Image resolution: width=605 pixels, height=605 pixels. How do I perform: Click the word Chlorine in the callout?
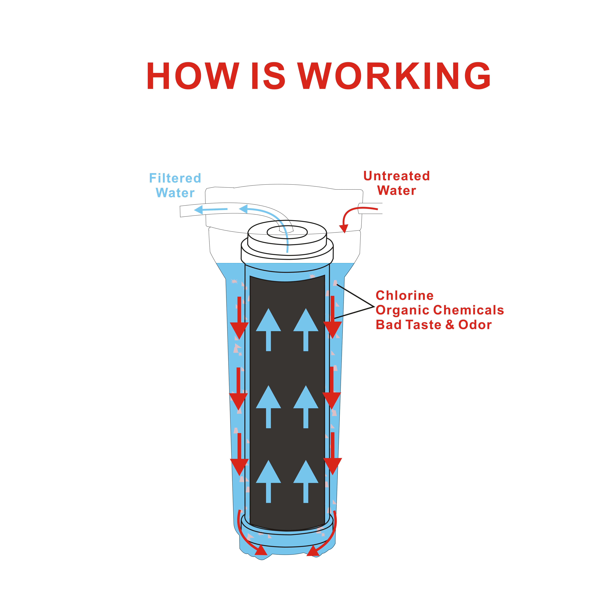[x=405, y=295]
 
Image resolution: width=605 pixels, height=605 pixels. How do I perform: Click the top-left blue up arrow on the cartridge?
[x=268, y=329]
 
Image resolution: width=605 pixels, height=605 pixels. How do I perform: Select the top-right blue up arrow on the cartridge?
[x=306, y=329]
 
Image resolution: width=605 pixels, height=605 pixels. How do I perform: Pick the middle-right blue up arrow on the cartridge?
[x=306, y=406]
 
